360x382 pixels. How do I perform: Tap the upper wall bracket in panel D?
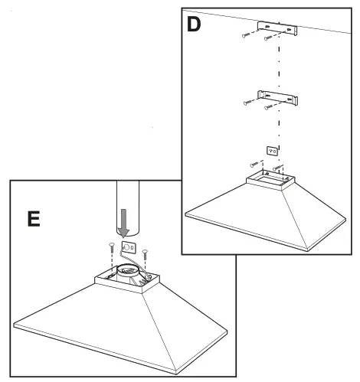tap(277, 30)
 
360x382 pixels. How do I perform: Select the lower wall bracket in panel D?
tap(277, 98)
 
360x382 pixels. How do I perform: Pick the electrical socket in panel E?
tap(129, 248)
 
